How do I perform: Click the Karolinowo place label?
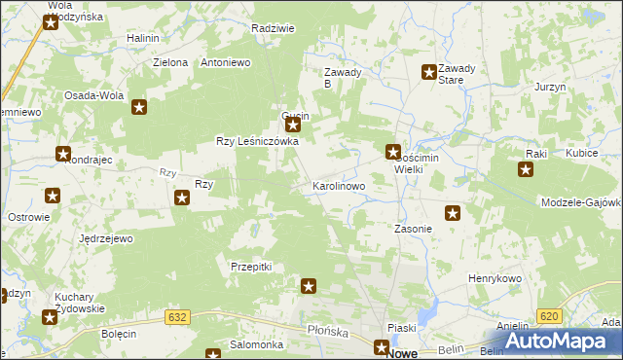(338, 185)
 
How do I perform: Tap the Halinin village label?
(143, 38)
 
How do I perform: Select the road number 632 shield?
(176, 317)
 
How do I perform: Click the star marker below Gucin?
(292, 126)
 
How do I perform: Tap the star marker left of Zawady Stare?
(428, 71)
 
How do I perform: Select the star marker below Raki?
(526, 170)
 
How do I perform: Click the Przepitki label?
(251, 266)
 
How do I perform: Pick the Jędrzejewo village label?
(106, 238)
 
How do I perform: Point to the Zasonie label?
(413, 230)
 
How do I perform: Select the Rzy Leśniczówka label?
(257, 141)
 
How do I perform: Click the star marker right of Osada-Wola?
(139, 108)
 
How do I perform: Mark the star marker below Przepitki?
(309, 286)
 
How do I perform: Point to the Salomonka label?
(256, 344)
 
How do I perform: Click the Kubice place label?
(581, 154)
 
